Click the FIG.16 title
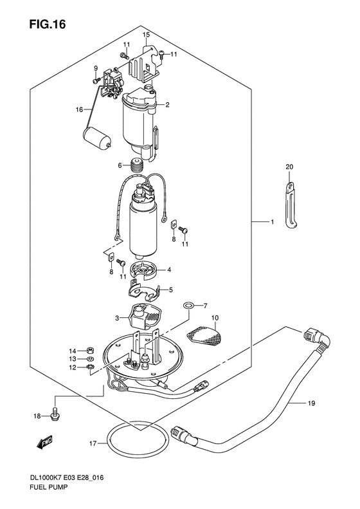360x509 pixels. coord(48,24)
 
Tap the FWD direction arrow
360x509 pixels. coord(44,442)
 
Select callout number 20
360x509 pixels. coord(289,167)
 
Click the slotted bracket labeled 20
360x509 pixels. coord(292,205)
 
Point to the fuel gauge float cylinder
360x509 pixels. coord(98,139)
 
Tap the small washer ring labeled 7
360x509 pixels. coord(188,305)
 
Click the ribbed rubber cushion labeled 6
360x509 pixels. coord(136,165)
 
